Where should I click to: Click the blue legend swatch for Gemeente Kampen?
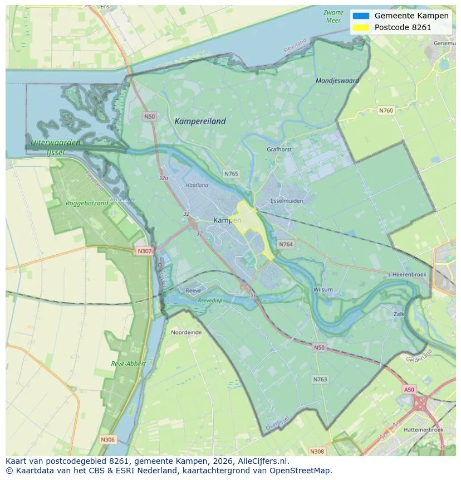click(x=361, y=16)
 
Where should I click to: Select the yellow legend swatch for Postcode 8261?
click(x=361, y=27)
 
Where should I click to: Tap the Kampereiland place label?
click(x=200, y=121)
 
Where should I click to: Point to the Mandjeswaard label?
click(x=337, y=81)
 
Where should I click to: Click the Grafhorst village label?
click(x=279, y=149)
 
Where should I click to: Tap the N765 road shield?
click(x=231, y=174)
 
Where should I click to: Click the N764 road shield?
click(x=286, y=244)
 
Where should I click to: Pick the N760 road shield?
click(x=386, y=110)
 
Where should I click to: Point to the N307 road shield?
click(x=144, y=251)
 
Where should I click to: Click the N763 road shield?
click(x=320, y=379)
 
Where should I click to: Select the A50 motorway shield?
click(x=409, y=390)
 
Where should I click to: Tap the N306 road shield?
click(x=107, y=439)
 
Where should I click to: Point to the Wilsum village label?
click(x=323, y=290)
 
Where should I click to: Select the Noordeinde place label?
click(x=187, y=332)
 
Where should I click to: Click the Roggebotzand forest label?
click(x=87, y=203)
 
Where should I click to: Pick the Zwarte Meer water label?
click(x=332, y=16)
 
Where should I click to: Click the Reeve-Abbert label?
click(x=128, y=363)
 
